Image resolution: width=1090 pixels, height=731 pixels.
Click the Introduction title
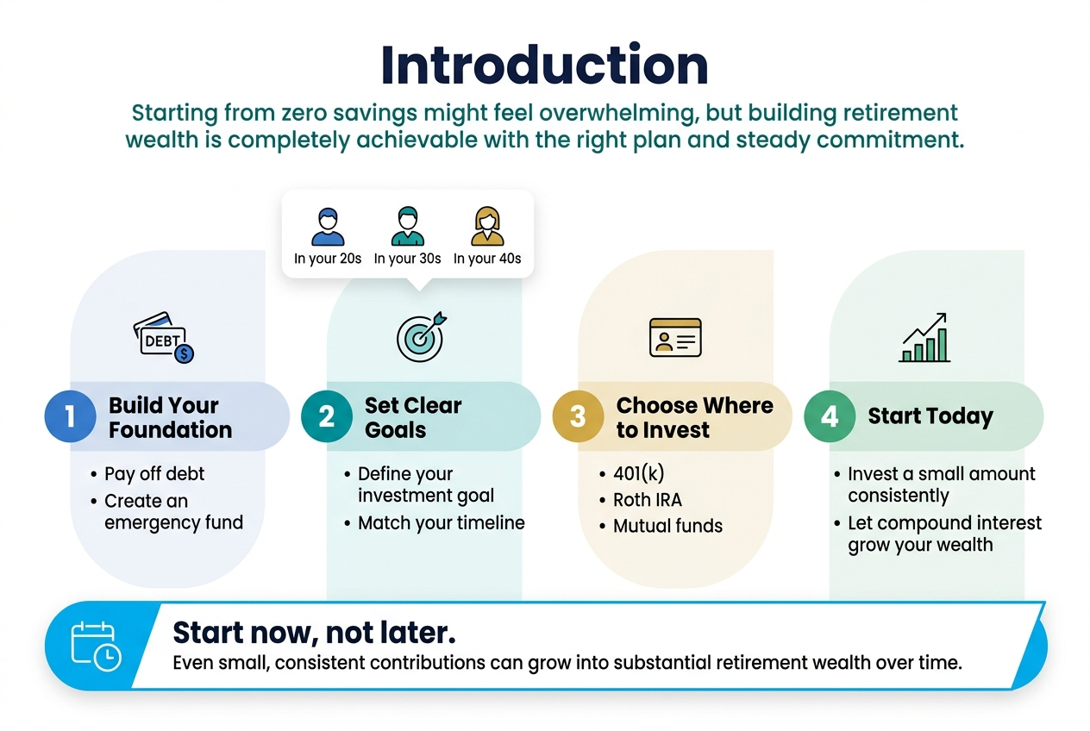[x=544, y=65]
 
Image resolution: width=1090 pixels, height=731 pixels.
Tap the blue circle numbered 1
[x=70, y=416]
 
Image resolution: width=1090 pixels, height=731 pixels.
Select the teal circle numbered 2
[x=327, y=416]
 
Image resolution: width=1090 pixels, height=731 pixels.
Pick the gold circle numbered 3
[x=578, y=416]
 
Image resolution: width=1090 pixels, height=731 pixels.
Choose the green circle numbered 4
[x=830, y=416]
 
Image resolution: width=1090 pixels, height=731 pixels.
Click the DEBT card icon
[x=164, y=338]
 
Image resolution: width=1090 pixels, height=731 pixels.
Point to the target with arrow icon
[x=422, y=336]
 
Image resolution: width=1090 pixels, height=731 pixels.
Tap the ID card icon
[x=675, y=338]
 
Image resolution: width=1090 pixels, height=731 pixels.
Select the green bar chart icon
[x=924, y=338]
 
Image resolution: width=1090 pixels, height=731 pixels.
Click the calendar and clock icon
[x=96, y=646]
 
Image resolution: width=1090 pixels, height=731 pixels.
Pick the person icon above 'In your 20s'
[x=328, y=227]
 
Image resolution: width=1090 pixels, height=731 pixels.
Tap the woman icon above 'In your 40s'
[x=487, y=226]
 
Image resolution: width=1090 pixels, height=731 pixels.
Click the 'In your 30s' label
[x=407, y=259]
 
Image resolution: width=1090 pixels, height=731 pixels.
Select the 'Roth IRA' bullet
[x=647, y=500]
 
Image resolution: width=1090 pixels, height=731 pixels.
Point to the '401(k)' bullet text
[x=638, y=473]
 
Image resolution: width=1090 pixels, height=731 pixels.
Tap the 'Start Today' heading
[x=930, y=416]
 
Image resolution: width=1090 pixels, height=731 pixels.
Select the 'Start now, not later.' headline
[x=315, y=632]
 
